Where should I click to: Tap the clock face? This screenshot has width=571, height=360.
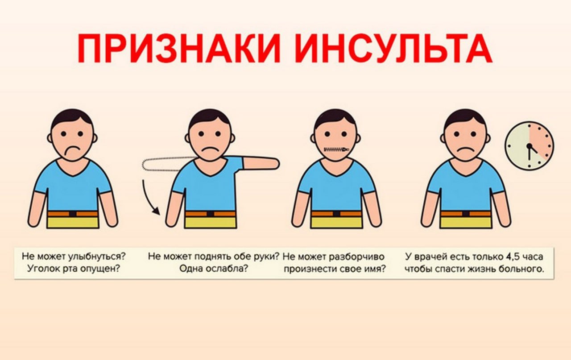[530, 145]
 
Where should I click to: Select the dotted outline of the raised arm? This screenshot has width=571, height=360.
[163, 164]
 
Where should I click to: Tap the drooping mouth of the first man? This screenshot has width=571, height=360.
[71, 152]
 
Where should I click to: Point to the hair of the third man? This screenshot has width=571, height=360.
[335, 117]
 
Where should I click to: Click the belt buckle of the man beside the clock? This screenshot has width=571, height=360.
[466, 213]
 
